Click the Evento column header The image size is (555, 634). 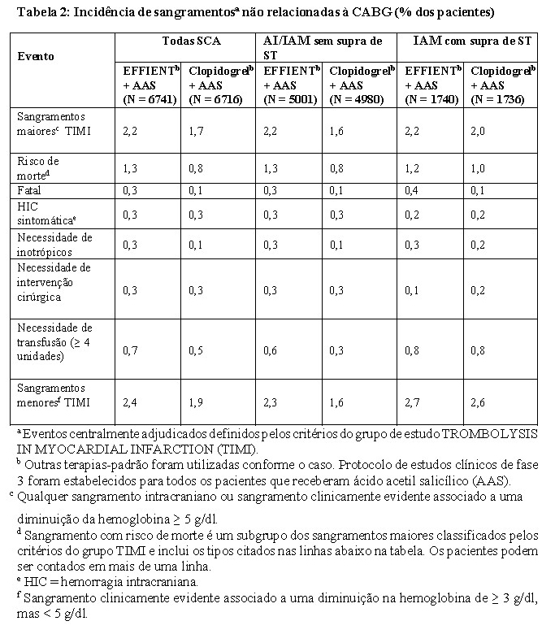(36, 57)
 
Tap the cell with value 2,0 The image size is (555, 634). (479, 129)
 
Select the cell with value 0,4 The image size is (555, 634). (413, 189)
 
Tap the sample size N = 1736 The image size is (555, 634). (501, 99)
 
